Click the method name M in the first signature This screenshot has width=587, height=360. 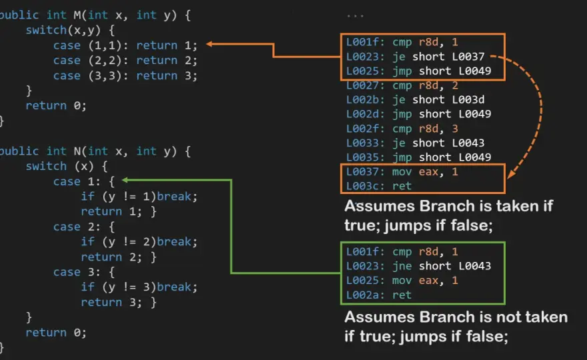coord(77,15)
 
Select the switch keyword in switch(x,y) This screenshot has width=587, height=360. coord(46,30)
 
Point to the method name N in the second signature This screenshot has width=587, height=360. coord(77,151)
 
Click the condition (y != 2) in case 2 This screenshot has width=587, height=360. coord(129,242)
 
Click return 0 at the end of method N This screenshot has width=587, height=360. coord(56,333)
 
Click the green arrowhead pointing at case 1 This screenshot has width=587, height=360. coord(125,181)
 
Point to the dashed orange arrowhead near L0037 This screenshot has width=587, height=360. coord(511,173)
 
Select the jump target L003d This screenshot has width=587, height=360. coord(468,100)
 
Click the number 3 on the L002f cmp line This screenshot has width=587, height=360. coord(455,129)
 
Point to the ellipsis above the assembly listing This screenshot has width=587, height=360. coord(355,17)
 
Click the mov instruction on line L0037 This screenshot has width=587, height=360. coord(402,172)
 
